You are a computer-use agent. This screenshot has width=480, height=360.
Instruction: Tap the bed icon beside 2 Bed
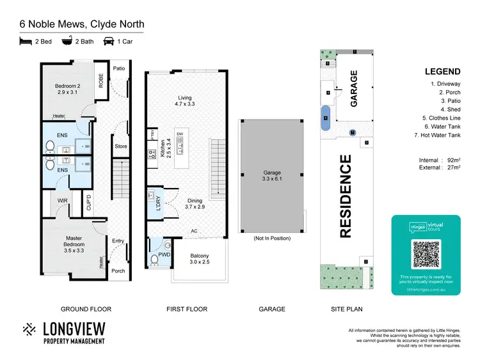click(x=26, y=42)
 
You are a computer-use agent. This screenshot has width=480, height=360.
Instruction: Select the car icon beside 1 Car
click(x=109, y=42)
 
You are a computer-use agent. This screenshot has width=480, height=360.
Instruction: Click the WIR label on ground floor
click(x=62, y=200)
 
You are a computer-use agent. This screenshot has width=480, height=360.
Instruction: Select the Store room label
click(x=120, y=146)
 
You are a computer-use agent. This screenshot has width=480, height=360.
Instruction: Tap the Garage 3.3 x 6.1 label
click(x=272, y=176)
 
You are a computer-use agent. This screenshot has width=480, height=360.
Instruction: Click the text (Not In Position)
click(x=271, y=239)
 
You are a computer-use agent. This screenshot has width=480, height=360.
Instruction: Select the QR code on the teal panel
click(x=426, y=254)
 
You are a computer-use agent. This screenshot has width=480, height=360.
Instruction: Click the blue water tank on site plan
click(x=326, y=118)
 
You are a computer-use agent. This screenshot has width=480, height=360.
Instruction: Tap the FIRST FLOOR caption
click(x=187, y=309)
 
